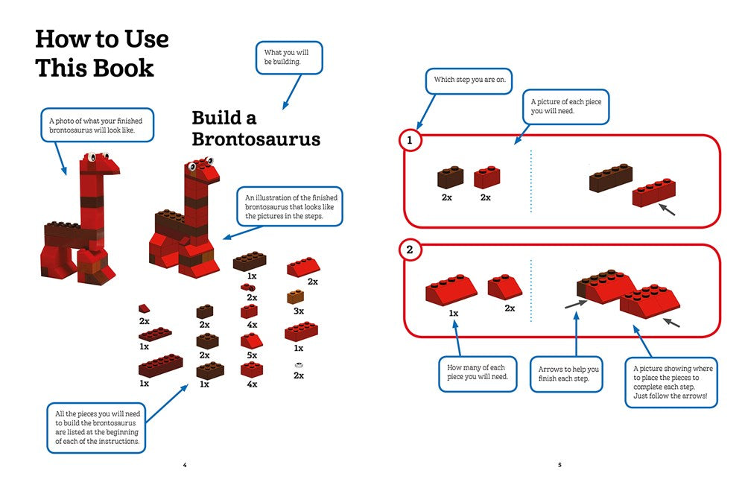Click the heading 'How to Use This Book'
pos(102,53)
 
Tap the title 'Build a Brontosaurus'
pos(256,128)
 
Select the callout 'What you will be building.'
pos(291,57)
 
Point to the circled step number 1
pos(409,139)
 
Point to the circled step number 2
pos(409,250)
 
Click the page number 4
pos(185,465)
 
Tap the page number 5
pos(559,465)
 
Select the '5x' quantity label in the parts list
pos(252,355)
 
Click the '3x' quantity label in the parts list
pos(299,311)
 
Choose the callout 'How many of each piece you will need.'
pos(477,372)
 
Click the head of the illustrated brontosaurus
pos(206,168)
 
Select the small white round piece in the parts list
pos(299,364)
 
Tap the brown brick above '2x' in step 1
pos(450,177)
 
